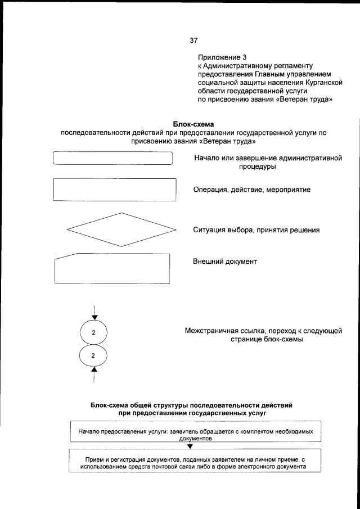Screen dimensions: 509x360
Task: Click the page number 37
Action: (x=194, y=40)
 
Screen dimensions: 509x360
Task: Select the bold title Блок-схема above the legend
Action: (x=194, y=124)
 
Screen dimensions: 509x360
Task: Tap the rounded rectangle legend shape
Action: (x=112, y=158)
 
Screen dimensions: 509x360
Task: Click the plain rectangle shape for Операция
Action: (x=114, y=190)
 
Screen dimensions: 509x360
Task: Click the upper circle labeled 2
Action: (x=94, y=332)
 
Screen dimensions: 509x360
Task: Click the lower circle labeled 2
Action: (x=94, y=355)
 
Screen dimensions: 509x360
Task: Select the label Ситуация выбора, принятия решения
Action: (x=256, y=230)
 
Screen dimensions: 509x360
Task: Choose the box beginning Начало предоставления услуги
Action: (x=195, y=434)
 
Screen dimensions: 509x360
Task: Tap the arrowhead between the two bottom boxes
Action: (x=190, y=446)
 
